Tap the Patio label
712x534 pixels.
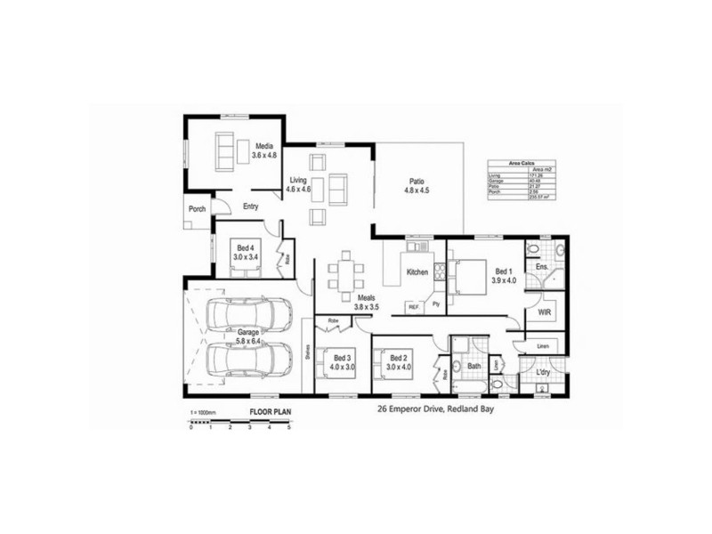(417, 179)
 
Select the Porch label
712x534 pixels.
(196, 210)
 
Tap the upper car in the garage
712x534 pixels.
(248, 314)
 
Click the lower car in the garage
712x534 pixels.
(248, 360)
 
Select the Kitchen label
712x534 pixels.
(417, 271)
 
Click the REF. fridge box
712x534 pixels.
(414, 306)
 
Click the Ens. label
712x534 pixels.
(541, 266)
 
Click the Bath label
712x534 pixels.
(473, 365)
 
